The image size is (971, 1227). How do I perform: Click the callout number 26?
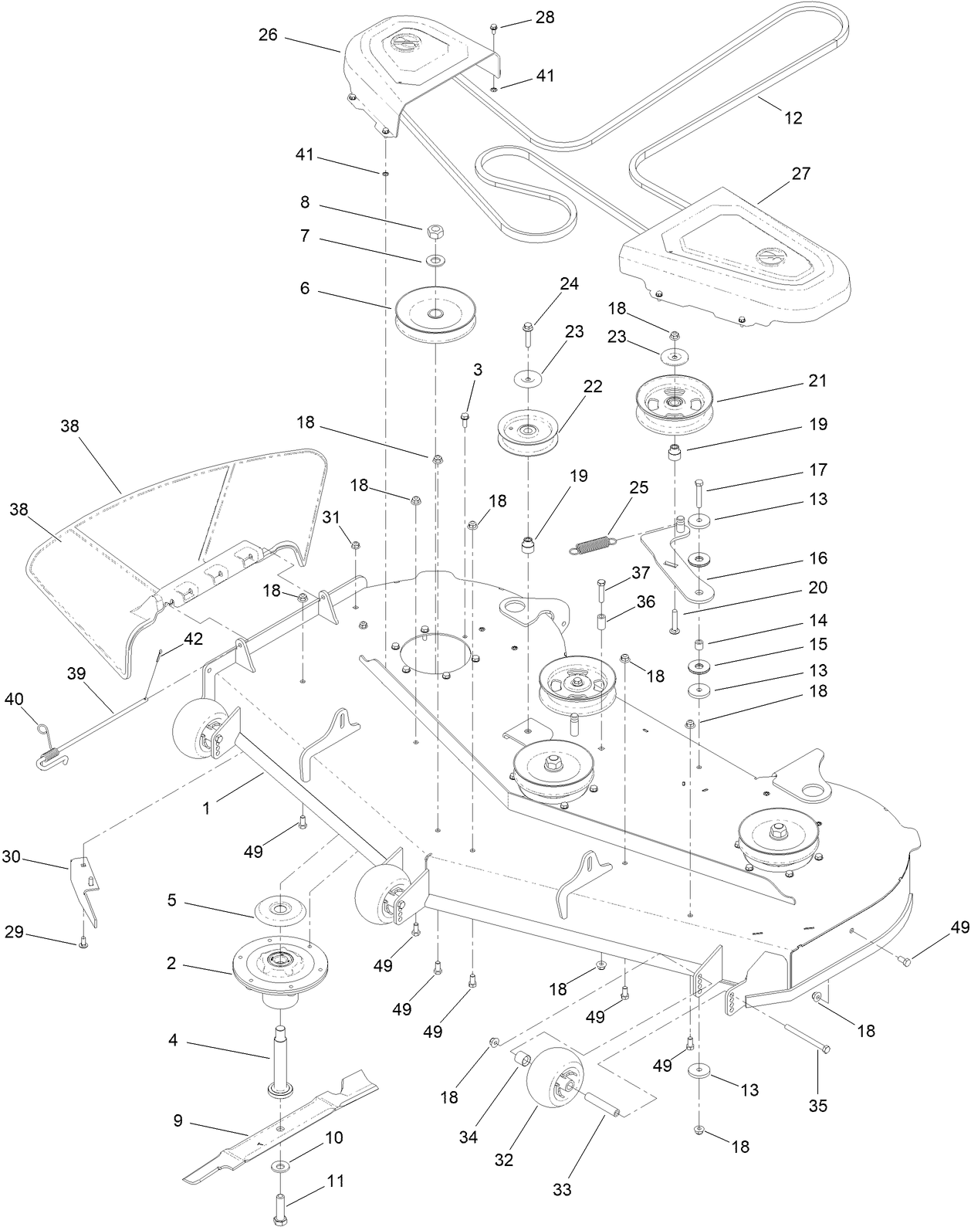coord(269,35)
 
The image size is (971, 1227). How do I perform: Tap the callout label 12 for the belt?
coord(793,117)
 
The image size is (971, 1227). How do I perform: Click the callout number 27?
coord(801,173)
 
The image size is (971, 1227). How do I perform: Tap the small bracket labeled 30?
coord(88,888)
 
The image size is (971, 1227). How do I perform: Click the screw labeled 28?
coord(492,29)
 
